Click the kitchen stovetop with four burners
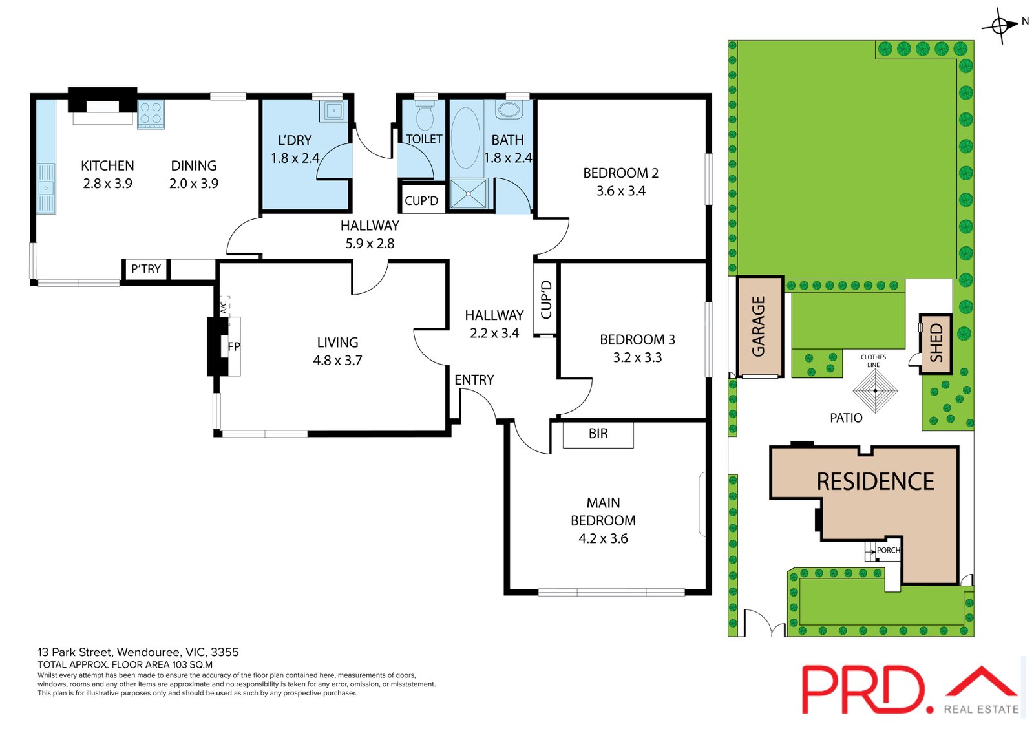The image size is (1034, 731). pyautogui.click(x=151, y=114)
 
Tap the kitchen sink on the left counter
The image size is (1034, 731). pyautogui.click(x=46, y=188)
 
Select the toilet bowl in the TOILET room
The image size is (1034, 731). pyautogui.click(x=425, y=116)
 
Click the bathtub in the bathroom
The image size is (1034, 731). pyautogui.click(x=465, y=138)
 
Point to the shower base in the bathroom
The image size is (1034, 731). pyautogui.click(x=468, y=194)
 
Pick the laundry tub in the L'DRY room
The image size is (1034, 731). pyautogui.click(x=333, y=111)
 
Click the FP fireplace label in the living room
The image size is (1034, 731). pyautogui.click(x=234, y=346)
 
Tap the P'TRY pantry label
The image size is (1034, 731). pyautogui.click(x=146, y=269)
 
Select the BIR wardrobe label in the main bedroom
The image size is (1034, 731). pyautogui.click(x=598, y=433)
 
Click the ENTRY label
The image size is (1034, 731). pyautogui.click(x=474, y=379)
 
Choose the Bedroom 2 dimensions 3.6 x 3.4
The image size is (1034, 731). pyautogui.click(x=621, y=191)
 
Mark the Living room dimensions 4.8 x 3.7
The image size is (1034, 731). pyautogui.click(x=337, y=360)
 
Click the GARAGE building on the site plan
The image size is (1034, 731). pyautogui.click(x=760, y=326)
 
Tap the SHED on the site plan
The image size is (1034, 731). pyautogui.click(x=936, y=343)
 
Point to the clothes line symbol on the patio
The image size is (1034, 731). pyautogui.click(x=875, y=390)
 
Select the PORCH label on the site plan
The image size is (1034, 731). pyautogui.click(x=888, y=550)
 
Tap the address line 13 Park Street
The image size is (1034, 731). pyautogui.click(x=138, y=652)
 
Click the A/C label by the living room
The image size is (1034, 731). pyautogui.click(x=224, y=308)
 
